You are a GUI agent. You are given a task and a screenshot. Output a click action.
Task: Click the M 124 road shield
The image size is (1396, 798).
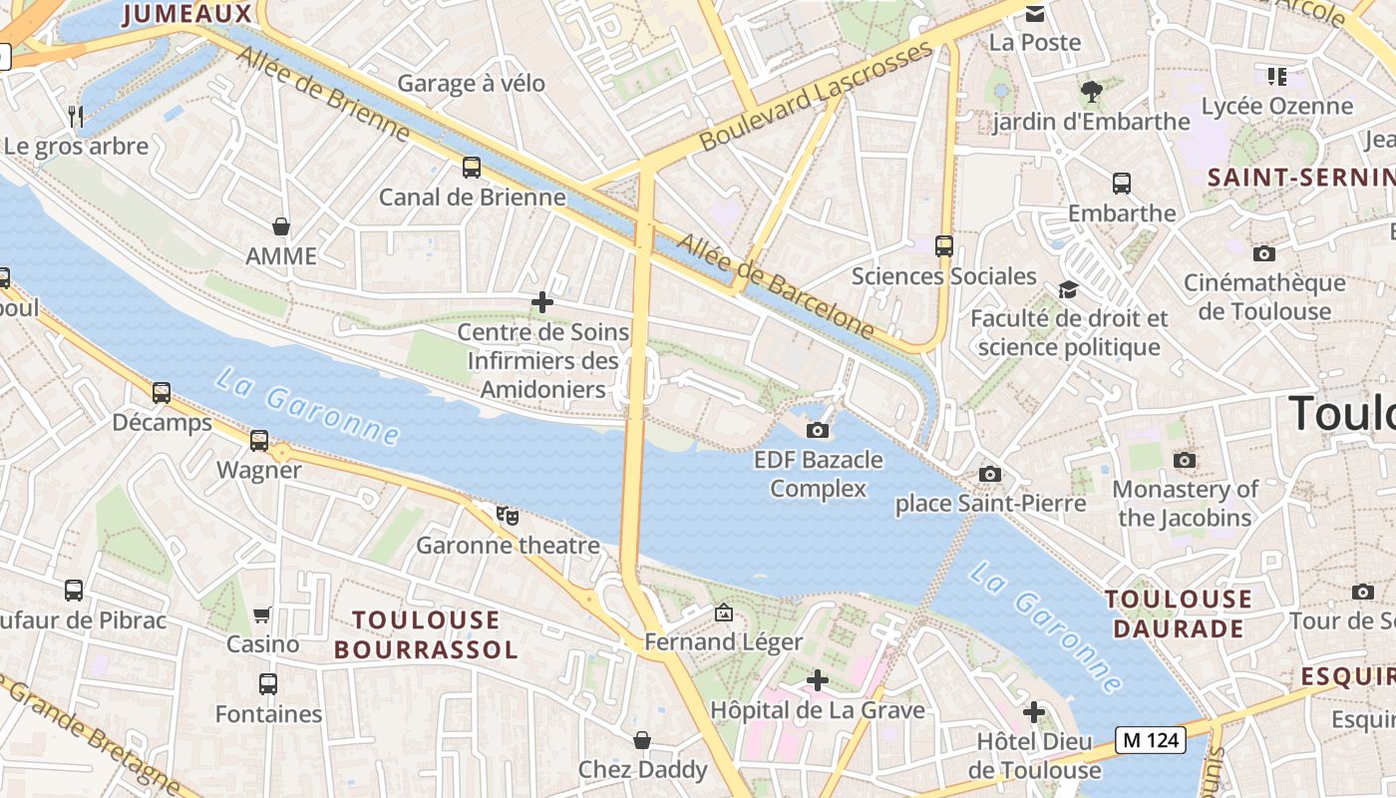coord(1150,740)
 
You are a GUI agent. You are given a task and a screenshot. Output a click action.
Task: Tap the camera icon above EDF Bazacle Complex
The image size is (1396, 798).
coord(818,430)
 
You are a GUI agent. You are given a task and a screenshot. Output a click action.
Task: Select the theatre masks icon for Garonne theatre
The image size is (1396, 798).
coord(508,516)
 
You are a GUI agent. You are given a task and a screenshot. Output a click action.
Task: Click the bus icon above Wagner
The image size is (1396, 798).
coord(259,440)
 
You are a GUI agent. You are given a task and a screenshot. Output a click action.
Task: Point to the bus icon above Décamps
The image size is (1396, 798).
coord(162,393)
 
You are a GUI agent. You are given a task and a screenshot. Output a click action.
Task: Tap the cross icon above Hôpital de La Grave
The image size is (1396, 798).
coord(818,680)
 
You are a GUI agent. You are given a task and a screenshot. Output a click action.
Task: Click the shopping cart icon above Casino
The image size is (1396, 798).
coord(262,614)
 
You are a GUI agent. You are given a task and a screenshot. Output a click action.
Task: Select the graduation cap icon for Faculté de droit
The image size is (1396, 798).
coord(1069,289)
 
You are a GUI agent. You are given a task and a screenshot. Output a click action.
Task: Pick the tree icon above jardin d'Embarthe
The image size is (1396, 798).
coord(1092,92)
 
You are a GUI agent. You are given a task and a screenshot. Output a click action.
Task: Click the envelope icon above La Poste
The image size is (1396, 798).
coord(1035,14)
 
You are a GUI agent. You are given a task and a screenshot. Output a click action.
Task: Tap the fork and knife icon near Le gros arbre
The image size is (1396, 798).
coord(76,116)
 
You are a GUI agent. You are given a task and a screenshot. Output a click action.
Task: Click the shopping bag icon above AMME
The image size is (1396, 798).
coord(281,226)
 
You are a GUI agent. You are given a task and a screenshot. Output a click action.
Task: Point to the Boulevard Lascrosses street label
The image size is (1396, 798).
coord(816,97)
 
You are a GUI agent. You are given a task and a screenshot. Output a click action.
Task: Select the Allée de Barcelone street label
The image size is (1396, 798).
coord(775,284)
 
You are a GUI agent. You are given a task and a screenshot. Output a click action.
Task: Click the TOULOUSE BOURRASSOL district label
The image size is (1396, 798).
coord(426,634)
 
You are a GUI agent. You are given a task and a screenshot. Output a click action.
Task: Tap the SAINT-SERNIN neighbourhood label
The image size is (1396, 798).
coord(1299,178)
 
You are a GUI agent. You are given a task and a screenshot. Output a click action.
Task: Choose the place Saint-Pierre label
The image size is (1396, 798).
coord(990,504)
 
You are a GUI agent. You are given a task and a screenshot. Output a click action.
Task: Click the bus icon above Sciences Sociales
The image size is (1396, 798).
coord(944,245)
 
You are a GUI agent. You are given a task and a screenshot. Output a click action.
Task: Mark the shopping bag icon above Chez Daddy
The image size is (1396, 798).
coord(642,740)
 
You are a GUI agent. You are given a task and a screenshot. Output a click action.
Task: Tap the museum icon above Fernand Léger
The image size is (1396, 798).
coord(724,612)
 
